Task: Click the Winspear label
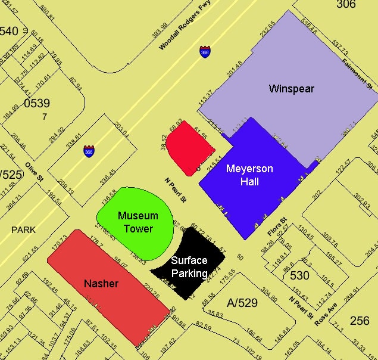tap(291, 89)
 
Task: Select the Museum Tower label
tap(138, 222)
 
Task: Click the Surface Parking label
tap(189, 267)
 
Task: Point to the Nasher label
tap(101, 284)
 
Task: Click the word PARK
tap(23, 229)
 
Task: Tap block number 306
tap(345, 5)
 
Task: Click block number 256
tap(360, 321)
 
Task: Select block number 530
tap(299, 275)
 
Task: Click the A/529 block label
tap(241, 303)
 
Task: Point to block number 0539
tap(37, 103)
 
